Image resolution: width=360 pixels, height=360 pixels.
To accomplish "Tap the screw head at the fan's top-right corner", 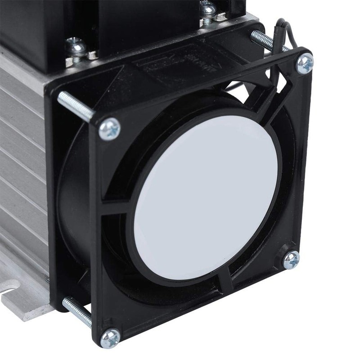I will (x=305, y=63).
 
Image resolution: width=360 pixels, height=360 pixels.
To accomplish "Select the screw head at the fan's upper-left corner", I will (x=109, y=129).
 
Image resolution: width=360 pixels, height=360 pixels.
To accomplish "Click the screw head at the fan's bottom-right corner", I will (x=291, y=260).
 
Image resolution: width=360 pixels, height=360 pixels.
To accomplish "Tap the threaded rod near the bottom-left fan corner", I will (x=76, y=311).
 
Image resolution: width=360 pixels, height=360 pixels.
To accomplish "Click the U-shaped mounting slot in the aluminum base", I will (x=11, y=288).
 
